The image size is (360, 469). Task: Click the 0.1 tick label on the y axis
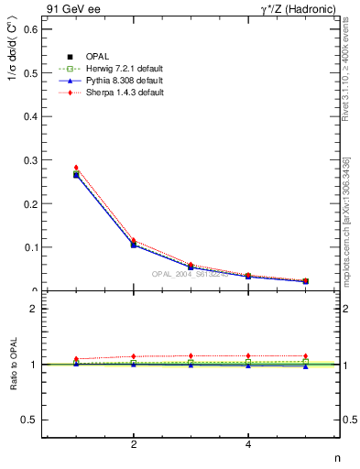(30, 247)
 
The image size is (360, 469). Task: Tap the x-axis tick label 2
(134, 445)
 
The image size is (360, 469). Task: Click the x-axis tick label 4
(248, 445)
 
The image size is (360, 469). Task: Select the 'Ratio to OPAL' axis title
(12, 365)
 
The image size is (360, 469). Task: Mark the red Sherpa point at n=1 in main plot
(76, 168)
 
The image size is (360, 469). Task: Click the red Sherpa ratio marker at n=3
(191, 355)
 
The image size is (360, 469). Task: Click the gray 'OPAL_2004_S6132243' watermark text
(190, 275)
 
